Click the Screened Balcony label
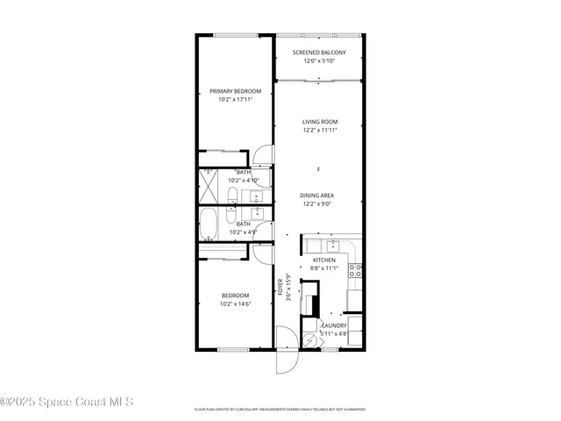[319, 53]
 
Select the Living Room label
[319, 122]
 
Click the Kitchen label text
[324, 260]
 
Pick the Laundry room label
[334, 325]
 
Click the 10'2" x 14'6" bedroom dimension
[236, 303]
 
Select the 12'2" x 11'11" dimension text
[319, 130]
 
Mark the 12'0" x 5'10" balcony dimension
[319, 61]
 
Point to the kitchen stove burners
[357, 270]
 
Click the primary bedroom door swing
[262, 156]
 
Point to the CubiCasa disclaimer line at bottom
[280, 409]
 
